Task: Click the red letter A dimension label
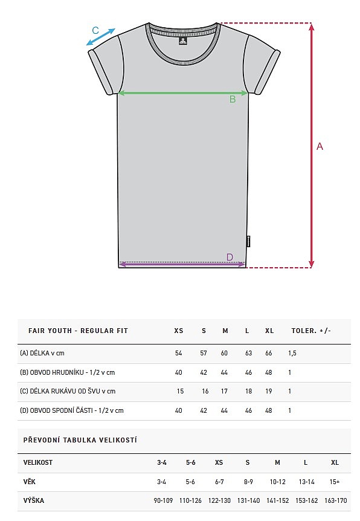[x=320, y=146]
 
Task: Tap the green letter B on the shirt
[x=233, y=99]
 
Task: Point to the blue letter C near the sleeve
[x=95, y=30]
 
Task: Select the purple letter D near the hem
[x=230, y=257]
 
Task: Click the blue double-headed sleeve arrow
[x=101, y=37]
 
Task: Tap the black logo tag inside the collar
[x=183, y=40]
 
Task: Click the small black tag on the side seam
[x=249, y=242]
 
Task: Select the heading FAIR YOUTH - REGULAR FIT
[x=78, y=331]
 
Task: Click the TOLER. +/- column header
[x=311, y=331]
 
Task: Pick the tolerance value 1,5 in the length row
[x=292, y=353]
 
